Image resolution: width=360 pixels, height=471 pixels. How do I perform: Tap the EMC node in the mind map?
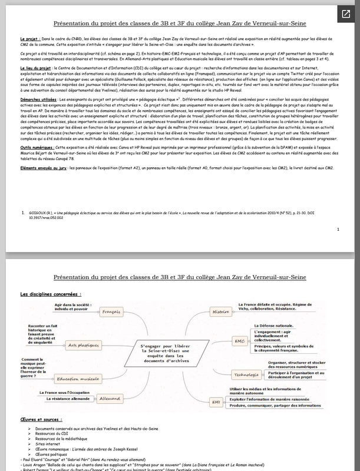tap(223, 341)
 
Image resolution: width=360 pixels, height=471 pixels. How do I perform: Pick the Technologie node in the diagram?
tap(230, 374)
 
